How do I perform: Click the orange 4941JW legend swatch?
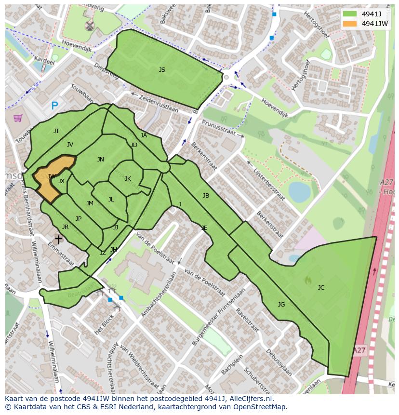point(350,24)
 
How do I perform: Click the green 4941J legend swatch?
point(350,14)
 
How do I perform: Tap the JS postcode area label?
point(162,70)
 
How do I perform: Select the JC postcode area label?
point(321,288)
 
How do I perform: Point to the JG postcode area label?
point(281,304)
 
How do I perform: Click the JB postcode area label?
point(206,196)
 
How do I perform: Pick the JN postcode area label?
point(100,160)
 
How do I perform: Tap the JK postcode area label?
point(128,179)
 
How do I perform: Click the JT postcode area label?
point(56,131)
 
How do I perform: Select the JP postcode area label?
point(79,219)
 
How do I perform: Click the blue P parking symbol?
point(54,106)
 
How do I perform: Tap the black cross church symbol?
point(58,239)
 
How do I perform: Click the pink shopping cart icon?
point(18,117)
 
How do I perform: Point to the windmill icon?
point(89,26)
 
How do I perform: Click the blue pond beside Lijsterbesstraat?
point(299,192)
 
